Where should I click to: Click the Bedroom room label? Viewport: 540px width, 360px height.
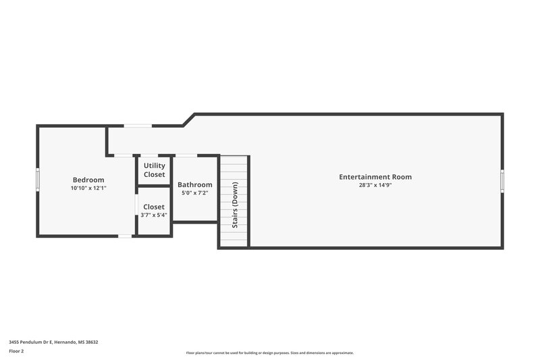coord(88,180)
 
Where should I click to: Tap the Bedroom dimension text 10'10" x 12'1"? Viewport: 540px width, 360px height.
coord(88,188)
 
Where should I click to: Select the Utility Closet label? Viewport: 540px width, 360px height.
coord(154,170)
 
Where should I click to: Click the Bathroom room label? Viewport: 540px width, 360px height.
coord(194,184)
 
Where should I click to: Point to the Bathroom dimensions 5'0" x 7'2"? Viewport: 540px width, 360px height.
coord(194,193)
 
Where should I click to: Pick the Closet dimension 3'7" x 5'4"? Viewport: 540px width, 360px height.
coord(154,215)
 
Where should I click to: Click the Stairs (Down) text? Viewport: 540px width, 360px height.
coord(235,204)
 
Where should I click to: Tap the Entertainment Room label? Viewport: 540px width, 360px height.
coord(375,177)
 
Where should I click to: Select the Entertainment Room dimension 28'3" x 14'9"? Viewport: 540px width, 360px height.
coord(375,185)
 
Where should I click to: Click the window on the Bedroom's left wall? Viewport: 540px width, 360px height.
coord(38,180)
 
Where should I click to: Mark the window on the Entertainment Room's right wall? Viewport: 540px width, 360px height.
coord(502,180)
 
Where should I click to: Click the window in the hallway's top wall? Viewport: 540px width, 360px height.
coord(138,126)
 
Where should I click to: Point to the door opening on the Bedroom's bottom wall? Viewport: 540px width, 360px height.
coord(125,236)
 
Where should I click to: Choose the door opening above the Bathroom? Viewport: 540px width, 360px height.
coord(186,155)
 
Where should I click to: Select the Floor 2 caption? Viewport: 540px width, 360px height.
coord(16,351)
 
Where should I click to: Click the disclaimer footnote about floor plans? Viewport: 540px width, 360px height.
coord(269,353)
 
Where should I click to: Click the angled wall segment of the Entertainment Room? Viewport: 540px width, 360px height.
coord(188,120)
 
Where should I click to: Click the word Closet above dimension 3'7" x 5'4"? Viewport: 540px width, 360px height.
coord(154,207)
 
